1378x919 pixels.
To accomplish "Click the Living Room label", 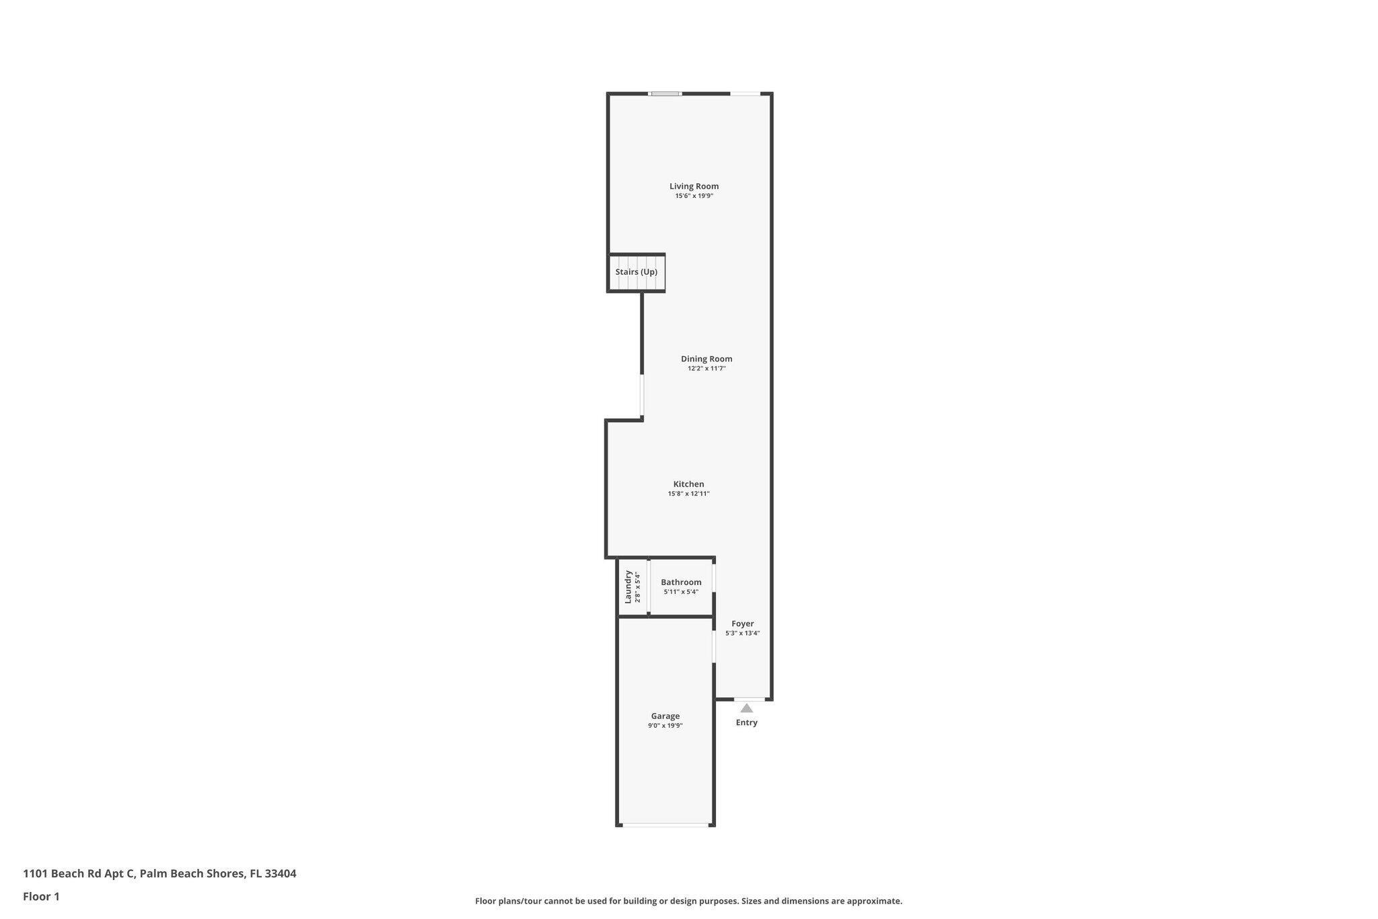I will [x=694, y=186].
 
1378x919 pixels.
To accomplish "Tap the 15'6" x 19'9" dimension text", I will [x=694, y=196].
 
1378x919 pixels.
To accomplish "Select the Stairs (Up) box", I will [x=637, y=273].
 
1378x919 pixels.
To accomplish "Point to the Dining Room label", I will [x=706, y=359].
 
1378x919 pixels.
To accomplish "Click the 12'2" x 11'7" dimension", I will [x=706, y=369].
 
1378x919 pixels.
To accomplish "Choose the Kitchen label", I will [x=688, y=484].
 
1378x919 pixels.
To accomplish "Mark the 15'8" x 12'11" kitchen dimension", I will [x=688, y=494].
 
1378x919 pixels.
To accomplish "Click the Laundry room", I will [x=632, y=586].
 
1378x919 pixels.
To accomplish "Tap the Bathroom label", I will [x=681, y=582].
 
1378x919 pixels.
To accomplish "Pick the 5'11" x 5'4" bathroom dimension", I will [x=681, y=592].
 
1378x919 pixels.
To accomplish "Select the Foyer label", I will [x=743, y=624].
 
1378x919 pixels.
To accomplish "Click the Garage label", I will [x=665, y=716].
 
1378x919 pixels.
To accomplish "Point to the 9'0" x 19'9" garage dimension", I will [x=665, y=726].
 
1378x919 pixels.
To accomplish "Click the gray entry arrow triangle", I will [x=747, y=708].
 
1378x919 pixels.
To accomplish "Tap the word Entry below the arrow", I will [x=747, y=723].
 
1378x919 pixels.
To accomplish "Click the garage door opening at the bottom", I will [x=665, y=825].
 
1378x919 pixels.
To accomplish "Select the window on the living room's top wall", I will [x=665, y=94].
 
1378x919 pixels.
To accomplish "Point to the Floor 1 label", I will [x=41, y=897].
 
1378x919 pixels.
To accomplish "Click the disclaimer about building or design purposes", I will [x=688, y=901].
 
